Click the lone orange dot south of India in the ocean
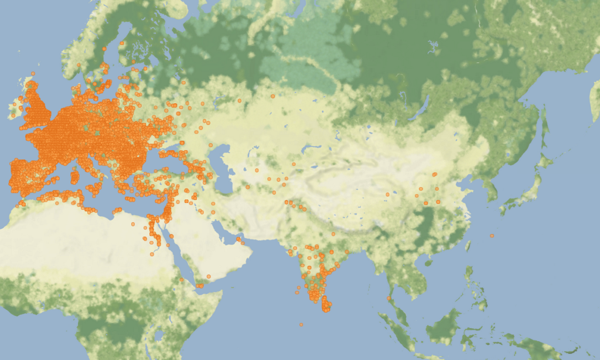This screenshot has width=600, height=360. point(301,324)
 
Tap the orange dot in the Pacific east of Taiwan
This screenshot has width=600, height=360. point(492,236)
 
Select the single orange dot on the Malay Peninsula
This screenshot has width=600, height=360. point(388,298)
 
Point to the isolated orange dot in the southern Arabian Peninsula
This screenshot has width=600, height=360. point(208,276)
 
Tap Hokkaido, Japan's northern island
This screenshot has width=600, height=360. point(548,159)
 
